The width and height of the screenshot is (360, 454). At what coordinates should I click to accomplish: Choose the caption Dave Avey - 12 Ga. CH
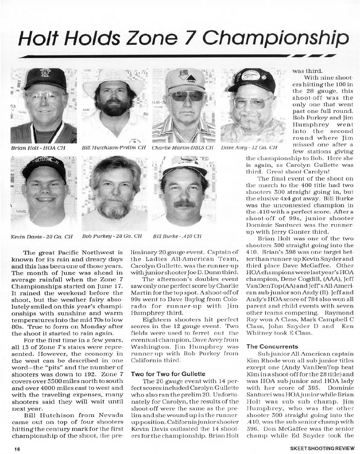[x=249, y=148]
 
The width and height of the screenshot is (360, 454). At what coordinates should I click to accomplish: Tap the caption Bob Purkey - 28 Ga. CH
[x=112, y=236]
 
